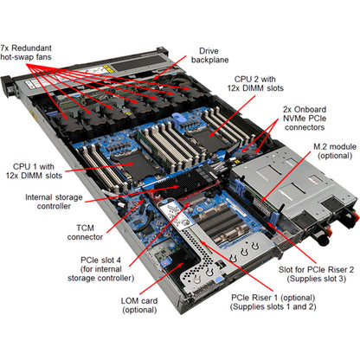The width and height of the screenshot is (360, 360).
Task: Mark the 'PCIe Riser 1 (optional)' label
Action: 250,327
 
